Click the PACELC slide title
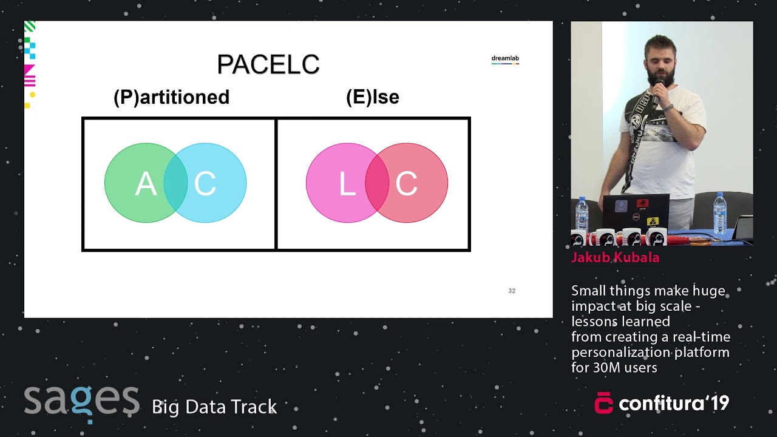tap(268, 65)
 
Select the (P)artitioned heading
tap(171, 97)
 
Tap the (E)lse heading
tap(372, 97)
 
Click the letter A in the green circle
tap(145, 183)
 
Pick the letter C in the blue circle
tap(205, 183)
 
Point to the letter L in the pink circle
tap(347, 183)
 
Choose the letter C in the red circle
tap(406, 183)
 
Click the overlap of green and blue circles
tap(175, 183)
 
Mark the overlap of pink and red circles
tap(376, 183)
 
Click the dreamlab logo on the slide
tap(505, 59)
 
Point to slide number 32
tap(512, 291)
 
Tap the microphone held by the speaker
tap(657, 91)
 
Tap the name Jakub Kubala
tap(615, 257)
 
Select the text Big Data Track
tap(214, 407)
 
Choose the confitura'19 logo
tap(662, 403)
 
